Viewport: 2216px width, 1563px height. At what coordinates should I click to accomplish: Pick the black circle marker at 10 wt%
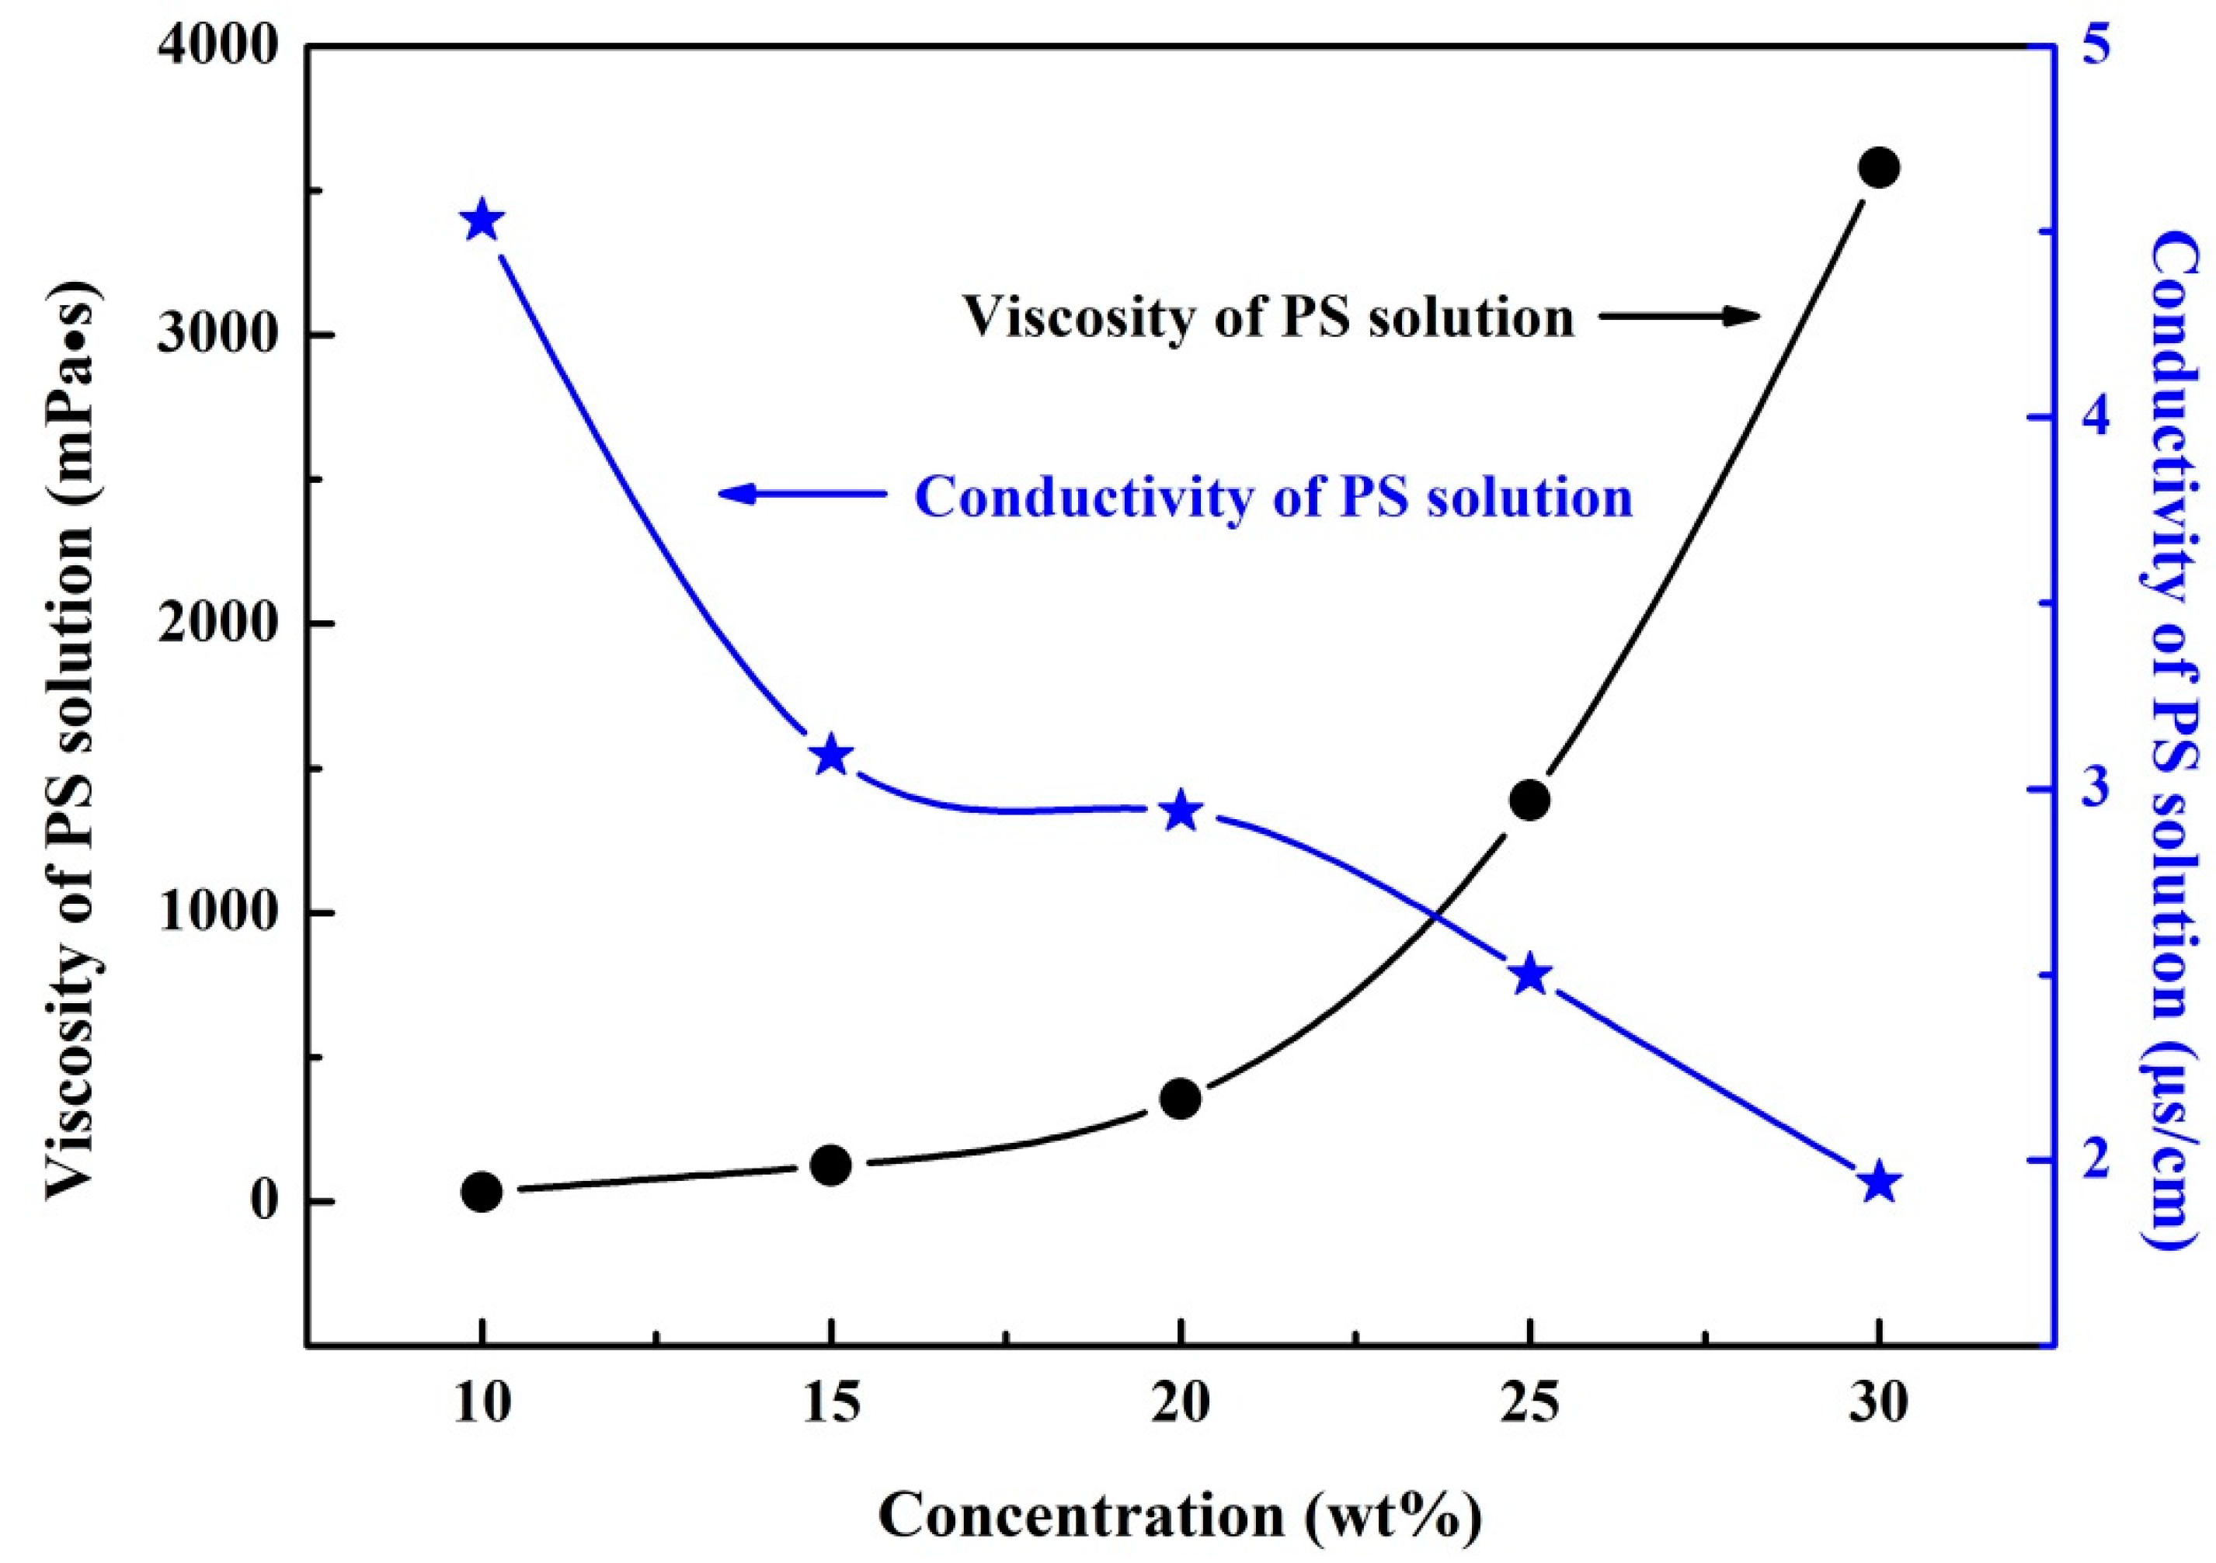(x=482, y=1193)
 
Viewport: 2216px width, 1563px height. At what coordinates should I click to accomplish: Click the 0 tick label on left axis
(x=267, y=1202)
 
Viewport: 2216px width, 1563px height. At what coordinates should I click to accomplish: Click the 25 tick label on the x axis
(x=1530, y=1405)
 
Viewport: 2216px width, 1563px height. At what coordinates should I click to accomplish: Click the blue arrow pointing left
(x=801, y=494)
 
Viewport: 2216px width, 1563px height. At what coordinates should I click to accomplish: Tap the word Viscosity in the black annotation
(x=1081, y=317)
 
